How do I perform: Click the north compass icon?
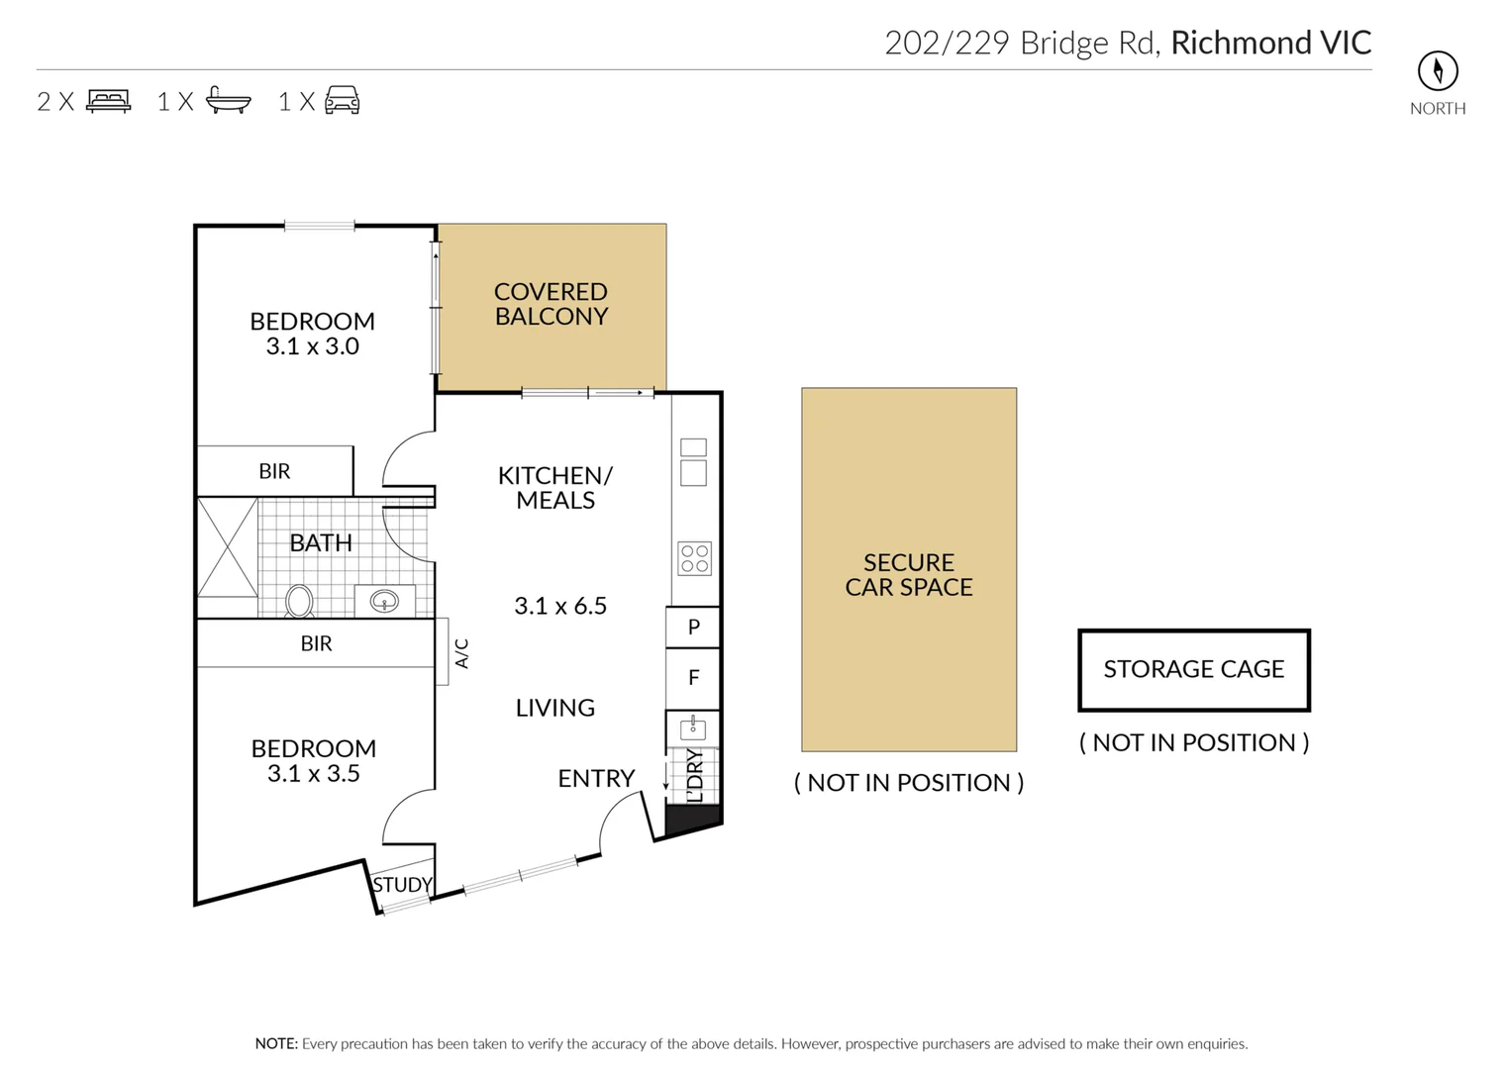tap(1438, 71)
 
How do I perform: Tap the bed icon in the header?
tap(109, 101)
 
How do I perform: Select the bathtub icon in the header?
tap(229, 100)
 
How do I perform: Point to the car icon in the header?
tap(343, 100)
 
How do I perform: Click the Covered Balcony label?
tap(551, 304)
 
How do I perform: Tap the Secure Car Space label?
tap(909, 574)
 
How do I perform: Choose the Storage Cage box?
tap(1194, 670)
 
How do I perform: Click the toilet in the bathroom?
tap(299, 600)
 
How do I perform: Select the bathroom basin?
tap(384, 600)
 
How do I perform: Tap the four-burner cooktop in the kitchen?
tap(694, 558)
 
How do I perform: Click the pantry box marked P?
tap(693, 627)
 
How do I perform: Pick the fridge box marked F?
tap(693, 678)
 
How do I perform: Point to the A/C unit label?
tap(461, 653)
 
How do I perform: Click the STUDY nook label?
tap(402, 885)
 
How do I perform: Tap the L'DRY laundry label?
tap(695, 775)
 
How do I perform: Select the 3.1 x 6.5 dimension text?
tap(560, 606)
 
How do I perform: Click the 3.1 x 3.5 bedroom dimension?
tap(313, 774)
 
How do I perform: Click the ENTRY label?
tap(596, 779)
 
